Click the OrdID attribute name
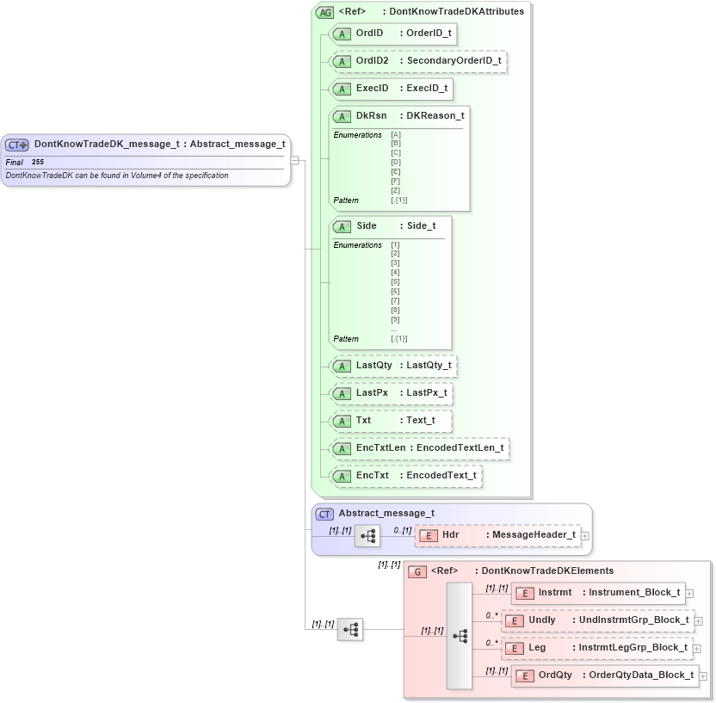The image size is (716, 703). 369,34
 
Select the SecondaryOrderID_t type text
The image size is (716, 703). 454,61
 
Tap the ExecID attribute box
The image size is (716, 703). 390,89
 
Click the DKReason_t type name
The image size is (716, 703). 435,115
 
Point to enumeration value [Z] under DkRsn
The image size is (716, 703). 396,190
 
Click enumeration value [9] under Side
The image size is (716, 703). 395,320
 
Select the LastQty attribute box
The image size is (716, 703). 392,366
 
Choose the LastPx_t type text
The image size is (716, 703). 426,393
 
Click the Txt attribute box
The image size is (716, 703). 392,421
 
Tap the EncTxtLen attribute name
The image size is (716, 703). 380,447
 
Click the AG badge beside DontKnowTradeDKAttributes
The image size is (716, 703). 324,12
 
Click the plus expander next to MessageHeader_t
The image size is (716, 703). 585,535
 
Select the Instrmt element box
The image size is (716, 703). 598,593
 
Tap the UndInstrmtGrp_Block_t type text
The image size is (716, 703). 633,620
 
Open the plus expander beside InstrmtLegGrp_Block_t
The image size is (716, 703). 697,648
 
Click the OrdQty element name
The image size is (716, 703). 555,675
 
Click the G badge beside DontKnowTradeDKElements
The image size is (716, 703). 417,571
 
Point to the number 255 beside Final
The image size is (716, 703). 38,162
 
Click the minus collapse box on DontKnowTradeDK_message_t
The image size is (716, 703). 294,159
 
